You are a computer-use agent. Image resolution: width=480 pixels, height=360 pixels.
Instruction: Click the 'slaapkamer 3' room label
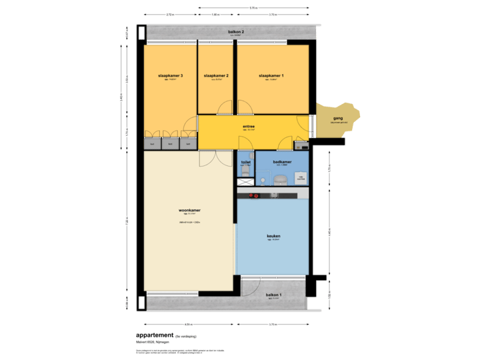coord(170,76)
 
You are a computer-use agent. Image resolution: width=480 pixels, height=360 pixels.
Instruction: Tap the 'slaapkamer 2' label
coord(216,76)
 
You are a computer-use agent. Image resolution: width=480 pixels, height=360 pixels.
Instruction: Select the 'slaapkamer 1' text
coord(272,76)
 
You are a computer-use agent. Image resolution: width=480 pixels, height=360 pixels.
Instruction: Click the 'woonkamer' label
coord(189,210)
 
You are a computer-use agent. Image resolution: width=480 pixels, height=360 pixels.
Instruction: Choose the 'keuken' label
coord(273,236)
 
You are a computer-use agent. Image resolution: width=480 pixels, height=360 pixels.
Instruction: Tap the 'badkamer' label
coord(283,161)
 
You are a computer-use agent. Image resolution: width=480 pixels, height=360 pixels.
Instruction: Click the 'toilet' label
coord(245,161)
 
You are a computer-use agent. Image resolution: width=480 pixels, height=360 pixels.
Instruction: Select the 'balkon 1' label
coord(274,295)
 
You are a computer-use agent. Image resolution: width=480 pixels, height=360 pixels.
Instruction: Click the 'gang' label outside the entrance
coord(337,118)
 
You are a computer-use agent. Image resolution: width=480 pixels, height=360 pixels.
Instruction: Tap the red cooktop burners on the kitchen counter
coord(253,195)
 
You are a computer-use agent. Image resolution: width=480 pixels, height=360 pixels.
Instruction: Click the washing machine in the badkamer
coord(301,177)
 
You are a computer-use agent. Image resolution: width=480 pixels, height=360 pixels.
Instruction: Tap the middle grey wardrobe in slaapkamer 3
coord(170,143)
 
